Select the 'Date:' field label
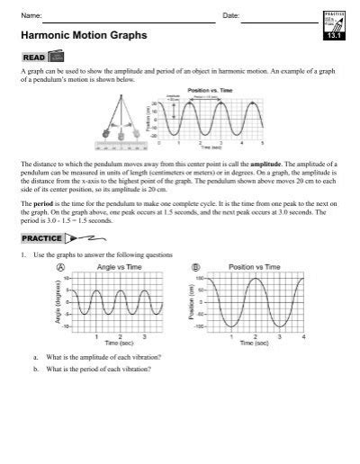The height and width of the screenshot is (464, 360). click(x=229, y=16)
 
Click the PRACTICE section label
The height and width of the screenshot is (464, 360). click(x=40, y=238)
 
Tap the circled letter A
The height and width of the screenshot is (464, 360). click(x=60, y=267)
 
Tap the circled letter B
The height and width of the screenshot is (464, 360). click(x=197, y=267)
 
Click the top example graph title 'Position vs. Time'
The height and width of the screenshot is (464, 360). click(x=211, y=89)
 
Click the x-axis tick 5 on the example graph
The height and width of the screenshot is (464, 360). click(x=262, y=143)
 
